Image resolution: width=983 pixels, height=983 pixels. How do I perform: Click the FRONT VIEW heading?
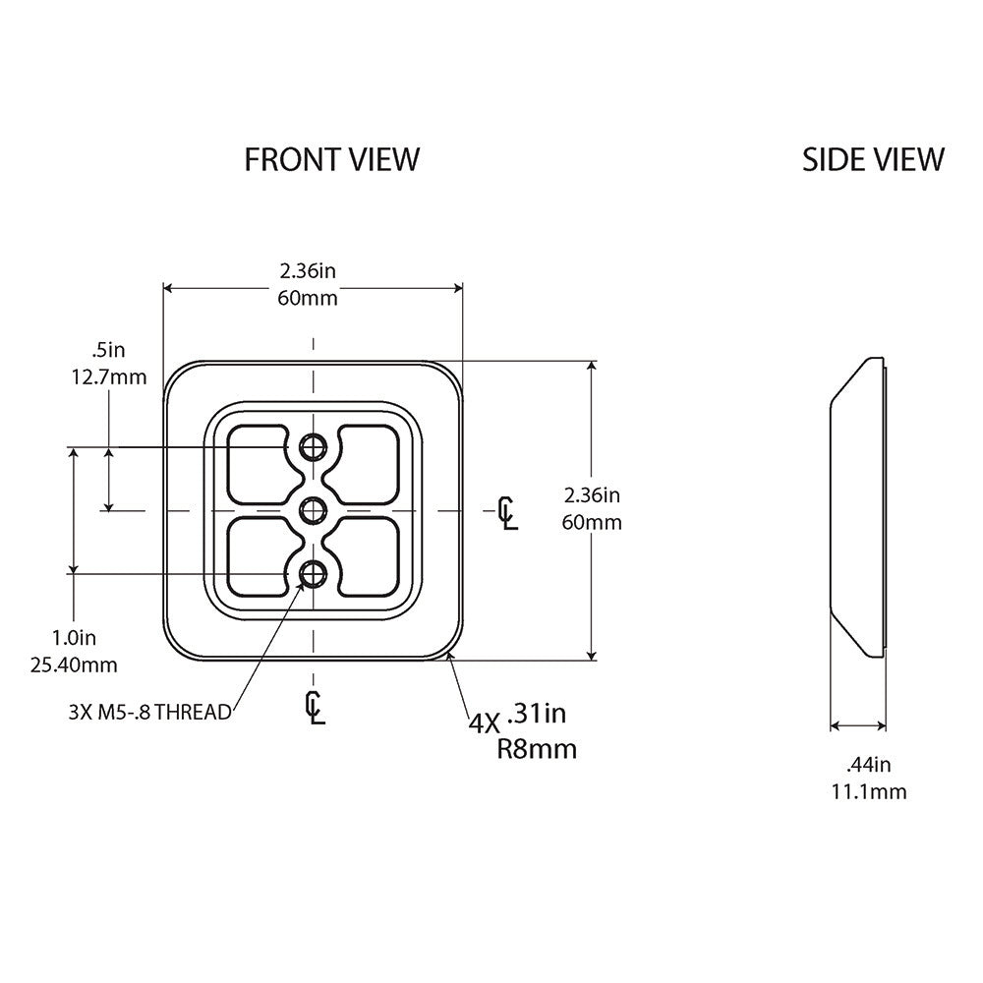coord(331,159)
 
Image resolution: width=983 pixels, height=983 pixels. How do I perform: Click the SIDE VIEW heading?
coord(873,159)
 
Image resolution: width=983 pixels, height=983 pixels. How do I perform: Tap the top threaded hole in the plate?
coord(314,447)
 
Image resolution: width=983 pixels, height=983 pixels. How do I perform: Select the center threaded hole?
coord(314,509)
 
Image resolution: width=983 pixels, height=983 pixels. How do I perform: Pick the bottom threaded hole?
coord(314,573)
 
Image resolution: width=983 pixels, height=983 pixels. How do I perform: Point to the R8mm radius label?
coord(537,750)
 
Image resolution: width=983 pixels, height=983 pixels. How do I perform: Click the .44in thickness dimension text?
coord(868,764)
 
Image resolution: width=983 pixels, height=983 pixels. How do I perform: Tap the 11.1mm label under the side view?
coord(868,791)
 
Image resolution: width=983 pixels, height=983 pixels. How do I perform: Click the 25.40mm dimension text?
coord(74,665)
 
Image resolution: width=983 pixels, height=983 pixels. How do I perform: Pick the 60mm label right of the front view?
coord(591,522)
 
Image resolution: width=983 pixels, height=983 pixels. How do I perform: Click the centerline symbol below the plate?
coord(315,706)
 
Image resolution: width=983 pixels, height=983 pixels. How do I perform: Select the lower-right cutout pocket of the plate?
coord(367,557)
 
